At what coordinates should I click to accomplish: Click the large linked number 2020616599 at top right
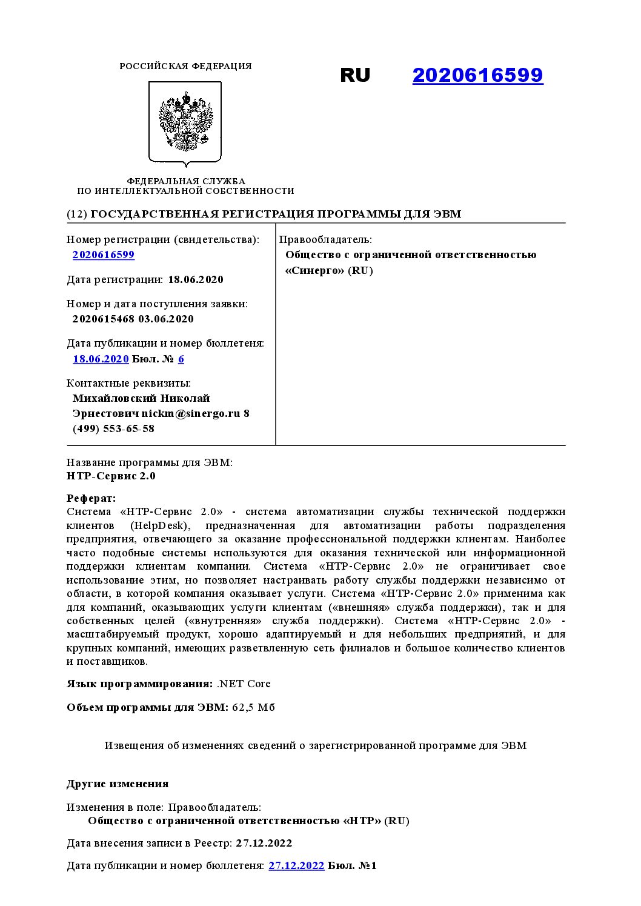(x=477, y=75)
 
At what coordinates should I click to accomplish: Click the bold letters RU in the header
(x=354, y=75)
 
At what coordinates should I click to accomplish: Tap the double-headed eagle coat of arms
(x=185, y=123)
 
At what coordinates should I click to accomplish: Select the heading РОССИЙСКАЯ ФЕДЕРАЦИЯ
(x=185, y=66)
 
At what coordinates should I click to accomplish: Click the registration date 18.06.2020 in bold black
(x=196, y=279)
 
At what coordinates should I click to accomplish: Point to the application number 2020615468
(x=103, y=319)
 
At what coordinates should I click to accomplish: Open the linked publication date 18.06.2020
(x=101, y=359)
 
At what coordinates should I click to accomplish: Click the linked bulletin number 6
(x=181, y=359)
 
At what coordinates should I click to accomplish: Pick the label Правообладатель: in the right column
(x=325, y=239)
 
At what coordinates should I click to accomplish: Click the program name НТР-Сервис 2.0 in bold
(x=111, y=476)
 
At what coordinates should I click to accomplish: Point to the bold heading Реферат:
(x=91, y=498)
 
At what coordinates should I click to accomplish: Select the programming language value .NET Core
(x=244, y=684)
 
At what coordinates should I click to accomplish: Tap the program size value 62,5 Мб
(x=253, y=707)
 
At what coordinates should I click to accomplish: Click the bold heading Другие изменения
(x=118, y=784)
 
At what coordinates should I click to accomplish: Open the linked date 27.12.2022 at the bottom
(x=296, y=865)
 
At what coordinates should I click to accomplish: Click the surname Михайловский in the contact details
(x=115, y=398)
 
